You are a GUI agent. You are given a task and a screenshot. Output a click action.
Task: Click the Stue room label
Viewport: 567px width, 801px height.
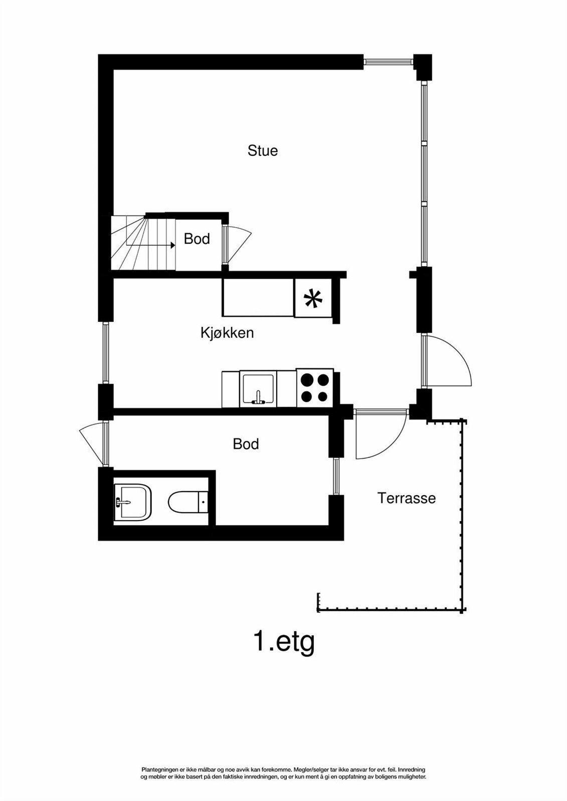click(x=262, y=151)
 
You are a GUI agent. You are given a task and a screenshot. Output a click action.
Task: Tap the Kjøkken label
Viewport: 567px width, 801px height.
click(x=227, y=333)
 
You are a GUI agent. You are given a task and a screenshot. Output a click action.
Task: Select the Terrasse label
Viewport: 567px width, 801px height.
click(x=407, y=498)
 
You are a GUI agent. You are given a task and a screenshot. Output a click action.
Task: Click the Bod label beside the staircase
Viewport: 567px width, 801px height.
click(x=197, y=239)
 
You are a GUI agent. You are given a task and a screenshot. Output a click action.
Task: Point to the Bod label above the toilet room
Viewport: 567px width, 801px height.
click(x=246, y=444)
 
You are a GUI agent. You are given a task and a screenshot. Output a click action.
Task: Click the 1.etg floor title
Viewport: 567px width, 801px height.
click(x=284, y=641)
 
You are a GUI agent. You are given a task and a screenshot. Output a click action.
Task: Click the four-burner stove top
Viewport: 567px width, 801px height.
click(x=315, y=388)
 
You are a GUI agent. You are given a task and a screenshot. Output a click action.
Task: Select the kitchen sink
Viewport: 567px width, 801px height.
click(x=258, y=389)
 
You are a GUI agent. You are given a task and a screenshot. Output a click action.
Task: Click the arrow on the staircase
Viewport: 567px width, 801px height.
click(x=171, y=245)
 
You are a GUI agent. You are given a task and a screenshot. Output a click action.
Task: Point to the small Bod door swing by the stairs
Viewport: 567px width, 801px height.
click(x=239, y=243)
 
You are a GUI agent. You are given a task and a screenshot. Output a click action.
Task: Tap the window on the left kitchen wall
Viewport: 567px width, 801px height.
click(x=106, y=353)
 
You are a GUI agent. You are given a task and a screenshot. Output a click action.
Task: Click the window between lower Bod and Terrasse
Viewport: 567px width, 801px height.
click(x=336, y=476)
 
